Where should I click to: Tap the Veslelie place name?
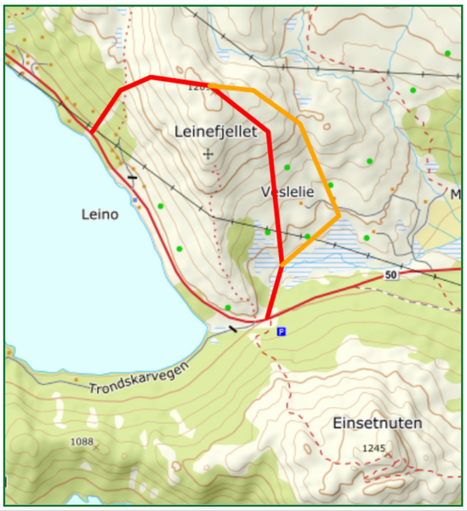tap(288, 192)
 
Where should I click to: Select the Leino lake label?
tap(100, 215)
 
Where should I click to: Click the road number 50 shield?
tap(390, 275)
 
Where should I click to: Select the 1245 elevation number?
tap(373, 448)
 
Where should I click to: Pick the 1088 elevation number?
tap(81, 441)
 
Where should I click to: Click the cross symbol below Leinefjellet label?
tap(208, 154)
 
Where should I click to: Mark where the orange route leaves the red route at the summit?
tap(210, 85)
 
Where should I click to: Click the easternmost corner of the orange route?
tap(339, 215)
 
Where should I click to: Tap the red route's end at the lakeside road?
tap(91, 133)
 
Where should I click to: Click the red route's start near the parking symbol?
tap(267, 319)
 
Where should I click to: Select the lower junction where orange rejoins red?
tap(282, 264)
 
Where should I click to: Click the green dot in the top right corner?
tap(447, 54)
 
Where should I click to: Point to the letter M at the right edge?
tap(456, 195)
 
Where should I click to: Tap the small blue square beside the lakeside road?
tap(134, 200)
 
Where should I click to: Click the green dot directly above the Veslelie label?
tap(288, 167)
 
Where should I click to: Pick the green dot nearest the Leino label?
tap(160, 206)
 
